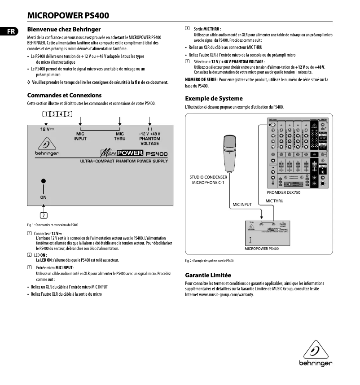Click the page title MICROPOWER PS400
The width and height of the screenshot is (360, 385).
click(x=68, y=16)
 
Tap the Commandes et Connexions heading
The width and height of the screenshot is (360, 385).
click(x=64, y=95)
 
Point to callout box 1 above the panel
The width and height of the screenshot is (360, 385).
click(x=46, y=114)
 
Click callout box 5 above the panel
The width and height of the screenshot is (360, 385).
click(x=68, y=114)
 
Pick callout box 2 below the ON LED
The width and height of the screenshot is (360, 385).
click(x=44, y=214)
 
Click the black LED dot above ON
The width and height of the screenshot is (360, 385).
click(x=44, y=181)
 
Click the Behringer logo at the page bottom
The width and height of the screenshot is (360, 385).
click(x=316, y=354)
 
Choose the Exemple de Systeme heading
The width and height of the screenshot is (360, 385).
click(x=214, y=98)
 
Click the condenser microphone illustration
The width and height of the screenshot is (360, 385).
click(x=229, y=153)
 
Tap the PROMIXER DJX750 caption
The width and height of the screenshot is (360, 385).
click(x=281, y=192)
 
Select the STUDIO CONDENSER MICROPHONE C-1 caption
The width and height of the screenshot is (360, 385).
click(x=209, y=180)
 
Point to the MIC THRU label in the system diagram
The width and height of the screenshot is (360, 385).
click(x=274, y=201)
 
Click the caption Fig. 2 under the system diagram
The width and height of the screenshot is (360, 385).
click(x=209, y=261)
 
